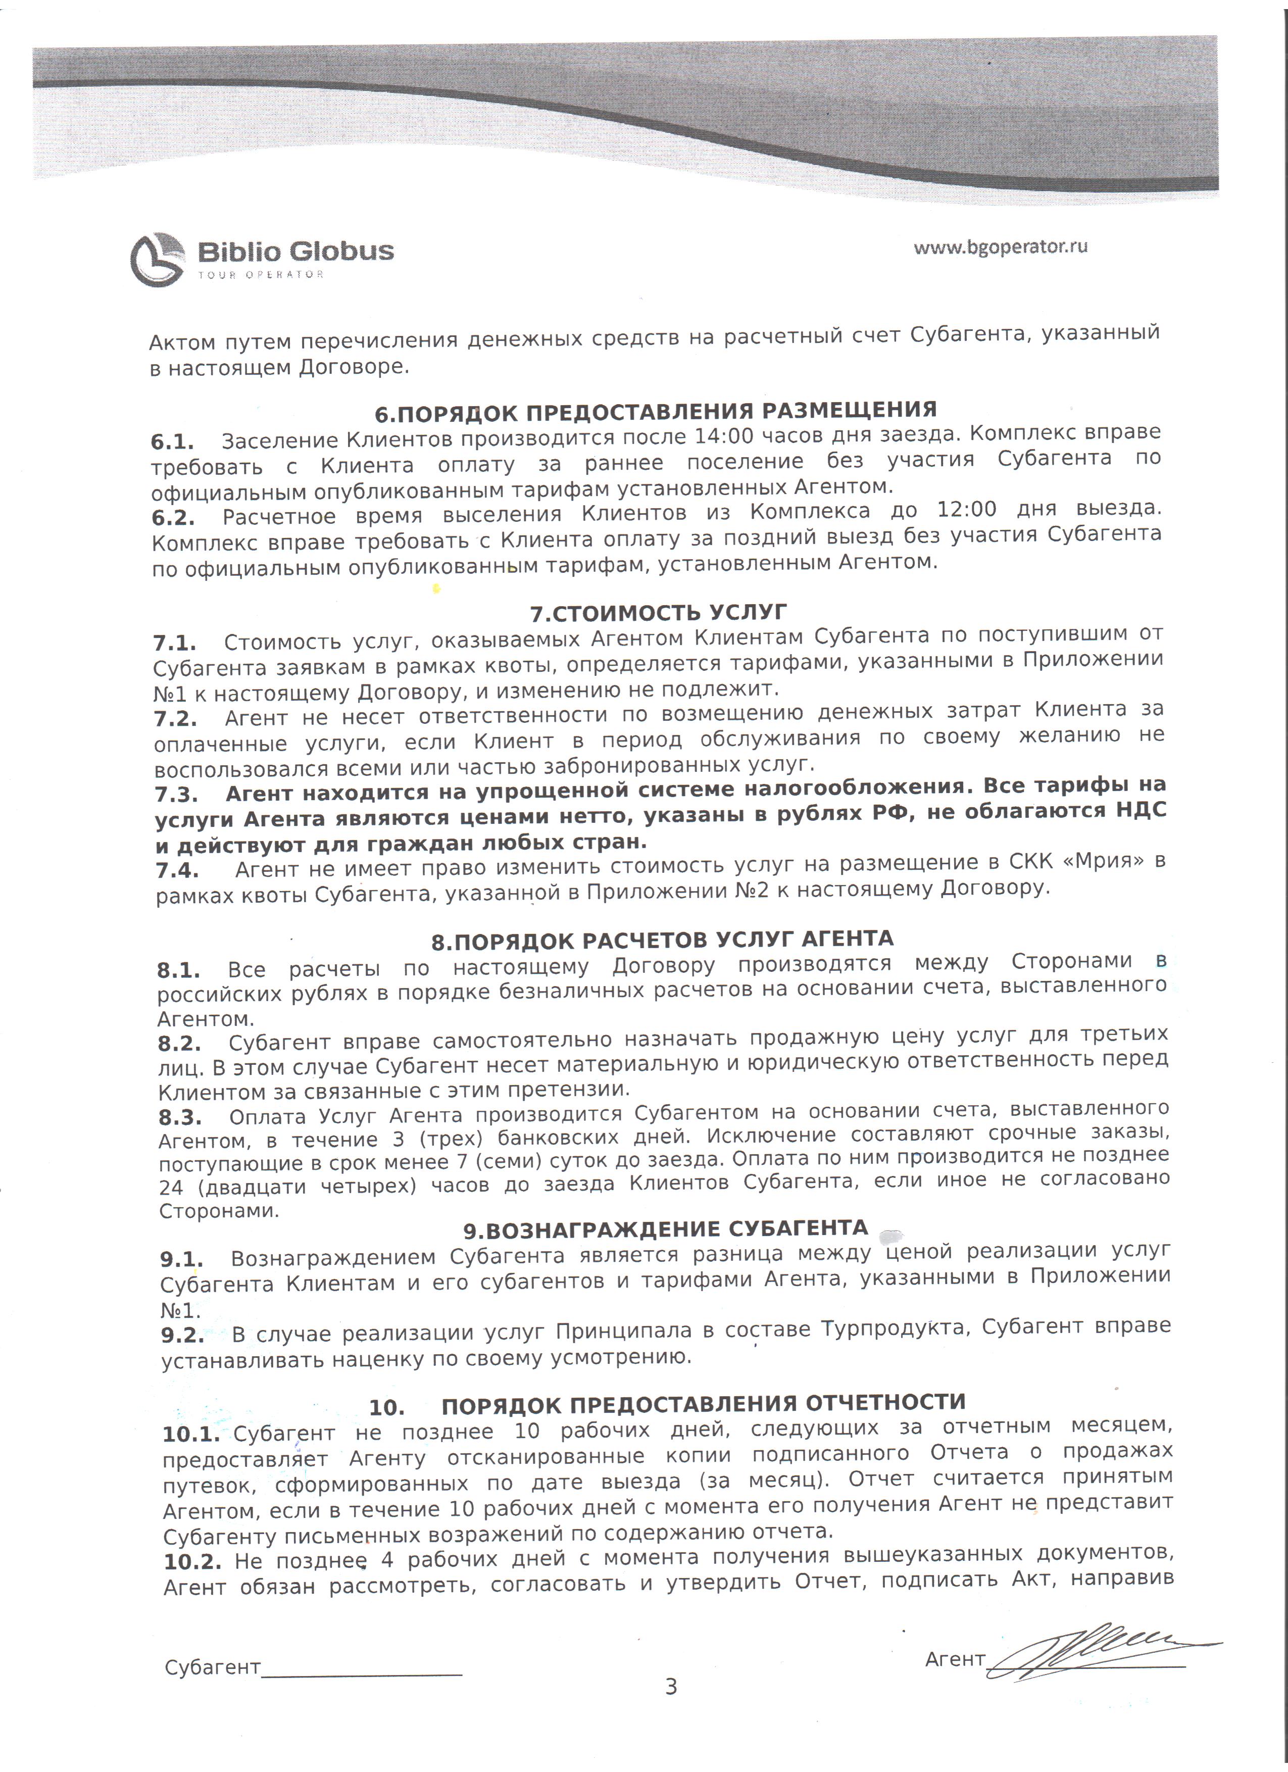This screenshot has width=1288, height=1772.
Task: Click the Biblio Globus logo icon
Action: tap(157, 260)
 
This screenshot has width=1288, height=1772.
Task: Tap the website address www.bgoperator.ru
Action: tap(1001, 247)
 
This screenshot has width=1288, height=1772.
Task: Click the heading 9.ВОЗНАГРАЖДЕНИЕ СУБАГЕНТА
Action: tap(666, 1229)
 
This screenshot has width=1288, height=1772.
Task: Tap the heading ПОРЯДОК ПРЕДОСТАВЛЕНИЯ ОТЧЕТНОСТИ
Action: tap(703, 1404)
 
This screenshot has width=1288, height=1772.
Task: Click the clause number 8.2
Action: tap(179, 1043)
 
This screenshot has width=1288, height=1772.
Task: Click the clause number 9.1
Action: tap(182, 1259)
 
